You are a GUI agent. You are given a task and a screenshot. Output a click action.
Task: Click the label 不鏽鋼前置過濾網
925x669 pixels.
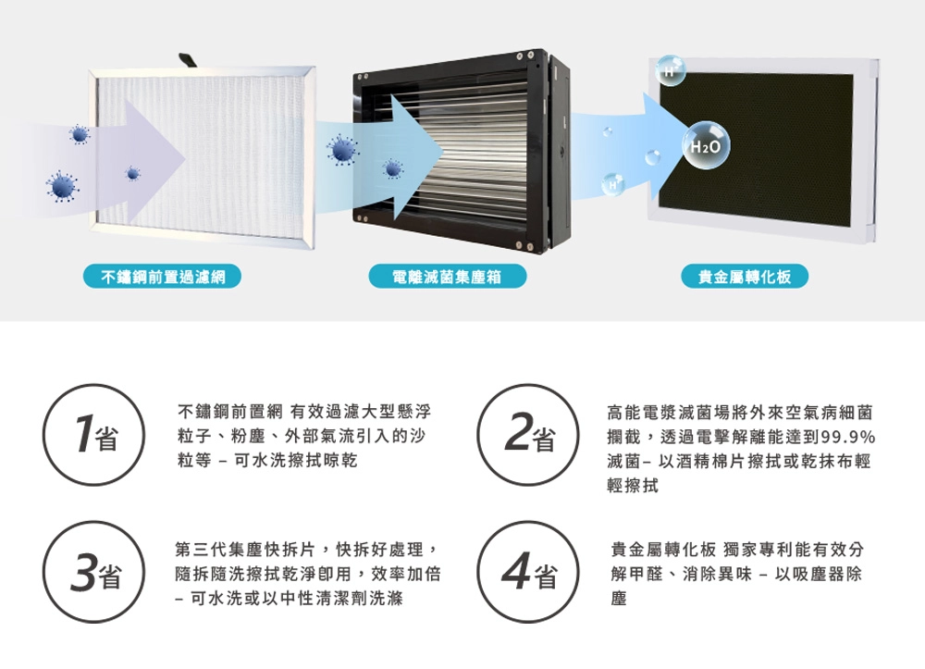pyautogui.click(x=162, y=276)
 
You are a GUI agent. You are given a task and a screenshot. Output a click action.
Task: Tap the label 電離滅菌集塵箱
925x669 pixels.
pyautogui.click(x=447, y=276)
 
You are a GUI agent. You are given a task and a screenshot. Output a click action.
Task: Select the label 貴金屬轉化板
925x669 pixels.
pyautogui.click(x=745, y=276)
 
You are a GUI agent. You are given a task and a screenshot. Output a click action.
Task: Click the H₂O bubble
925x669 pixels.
pyautogui.click(x=706, y=145)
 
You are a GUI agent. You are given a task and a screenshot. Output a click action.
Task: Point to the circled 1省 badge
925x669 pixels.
pyautogui.click(x=93, y=436)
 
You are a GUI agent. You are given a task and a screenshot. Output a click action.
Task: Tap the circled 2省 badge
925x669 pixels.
pyautogui.click(x=528, y=436)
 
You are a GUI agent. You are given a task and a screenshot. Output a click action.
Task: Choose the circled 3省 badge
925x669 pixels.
pyautogui.click(x=93, y=572)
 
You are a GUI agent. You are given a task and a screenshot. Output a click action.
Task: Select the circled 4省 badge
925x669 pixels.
pyautogui.click(x=528, y=572)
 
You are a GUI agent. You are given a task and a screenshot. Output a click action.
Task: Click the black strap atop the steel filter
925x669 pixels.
pyautogui.click(x=189, y=61)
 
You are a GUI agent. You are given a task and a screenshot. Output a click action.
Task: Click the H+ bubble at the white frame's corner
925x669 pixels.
pyautogui.click(x=670, y=69)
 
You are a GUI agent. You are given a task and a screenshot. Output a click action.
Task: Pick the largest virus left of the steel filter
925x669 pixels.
pyautogui.click(x=62, y=186)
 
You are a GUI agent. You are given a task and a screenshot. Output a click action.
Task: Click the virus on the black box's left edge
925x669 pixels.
pyautogui.click(x=342, y=150)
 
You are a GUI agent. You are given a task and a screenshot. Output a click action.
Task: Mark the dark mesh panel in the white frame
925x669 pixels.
pyautogui.click(x=757, y=149)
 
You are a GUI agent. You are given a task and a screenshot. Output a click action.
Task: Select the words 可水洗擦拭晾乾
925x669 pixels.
pyautogui.click(x=296, y=460)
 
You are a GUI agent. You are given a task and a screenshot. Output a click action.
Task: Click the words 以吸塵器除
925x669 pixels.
pyautogui.click(x=818, y=574)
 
